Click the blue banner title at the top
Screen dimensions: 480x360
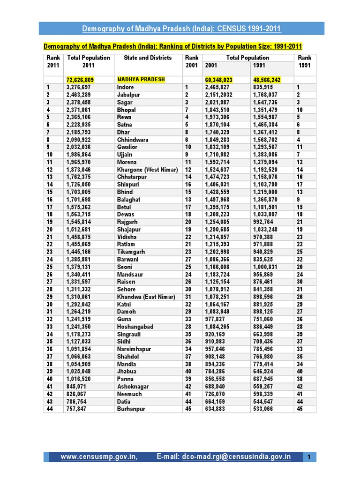pos(181,29)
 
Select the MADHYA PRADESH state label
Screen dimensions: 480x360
pos(141,80)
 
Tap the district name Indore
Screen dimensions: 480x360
pos(125,87)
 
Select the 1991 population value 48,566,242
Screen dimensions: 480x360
pos(267,80)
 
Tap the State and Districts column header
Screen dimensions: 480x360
pos(148,58)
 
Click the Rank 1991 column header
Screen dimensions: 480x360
pos(305,61)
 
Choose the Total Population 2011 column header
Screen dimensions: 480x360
pos(89,61)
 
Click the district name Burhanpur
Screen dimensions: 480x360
pos(131,409)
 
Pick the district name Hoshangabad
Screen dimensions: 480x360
pos(135,327)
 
